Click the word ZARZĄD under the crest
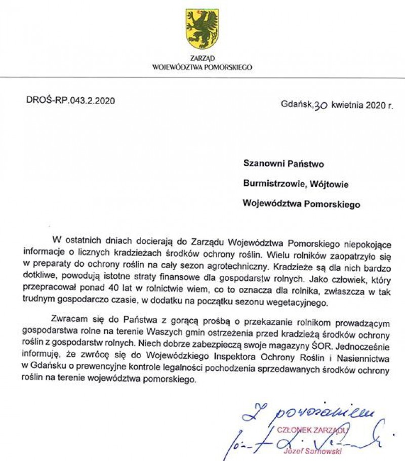(202, 59)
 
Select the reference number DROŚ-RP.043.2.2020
(70, 100)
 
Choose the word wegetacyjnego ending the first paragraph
(299, 304)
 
